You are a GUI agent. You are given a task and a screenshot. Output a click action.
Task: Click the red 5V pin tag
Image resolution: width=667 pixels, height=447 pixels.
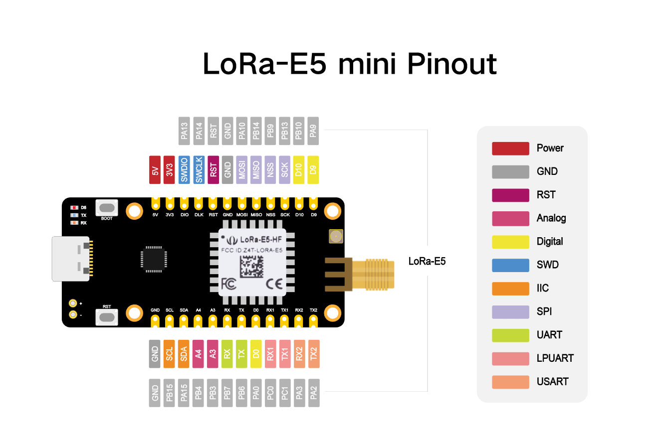pyautogui.click(x=155, y=170)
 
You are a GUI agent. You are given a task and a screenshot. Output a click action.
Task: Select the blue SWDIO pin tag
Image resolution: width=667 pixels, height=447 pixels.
pyautogui.click(x=184, y=170)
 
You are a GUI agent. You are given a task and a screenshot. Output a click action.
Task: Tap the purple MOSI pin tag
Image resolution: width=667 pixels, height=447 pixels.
pyautogui.click(x=242, y=170)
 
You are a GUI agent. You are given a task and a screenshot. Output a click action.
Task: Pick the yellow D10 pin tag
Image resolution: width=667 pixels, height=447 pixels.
pyautogui.click(x=299, y=170)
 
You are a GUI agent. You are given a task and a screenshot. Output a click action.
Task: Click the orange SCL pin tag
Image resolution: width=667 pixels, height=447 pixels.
pyautogui.click(x=170, y=354)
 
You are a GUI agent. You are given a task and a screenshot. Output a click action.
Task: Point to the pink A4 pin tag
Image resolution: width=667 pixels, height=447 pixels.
pyautogui.click(x=198, y=354)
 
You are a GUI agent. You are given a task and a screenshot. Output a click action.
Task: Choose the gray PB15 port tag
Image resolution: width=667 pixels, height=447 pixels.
pyautogui.click(x=170, y=393)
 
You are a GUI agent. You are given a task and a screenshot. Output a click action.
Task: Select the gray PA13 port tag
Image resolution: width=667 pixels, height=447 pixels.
pyautogui.click(x=184, y=131)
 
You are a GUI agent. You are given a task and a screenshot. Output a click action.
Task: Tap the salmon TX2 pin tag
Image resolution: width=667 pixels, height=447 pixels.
pyautogui.click(x=314, y=354)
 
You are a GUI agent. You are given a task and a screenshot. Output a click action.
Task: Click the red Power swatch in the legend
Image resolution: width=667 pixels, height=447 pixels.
pyautogui.click(x=510, y=149)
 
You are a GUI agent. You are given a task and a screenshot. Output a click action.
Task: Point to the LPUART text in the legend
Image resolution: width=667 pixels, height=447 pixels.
pyautogui.click(x=555, y=358)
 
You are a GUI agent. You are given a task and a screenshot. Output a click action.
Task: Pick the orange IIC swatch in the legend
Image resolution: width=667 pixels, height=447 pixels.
pyautogui.click(x=510, y=289)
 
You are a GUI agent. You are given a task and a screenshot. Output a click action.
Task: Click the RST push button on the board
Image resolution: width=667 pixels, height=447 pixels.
pyautogui.click(x=107, y=316)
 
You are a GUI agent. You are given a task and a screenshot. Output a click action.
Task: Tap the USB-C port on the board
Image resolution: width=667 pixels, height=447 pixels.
pyautogui.click(x=71, y=259)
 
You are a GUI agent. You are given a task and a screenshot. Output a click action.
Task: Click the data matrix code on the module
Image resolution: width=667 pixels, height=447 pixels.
pyautogui.click(x=252, y=267)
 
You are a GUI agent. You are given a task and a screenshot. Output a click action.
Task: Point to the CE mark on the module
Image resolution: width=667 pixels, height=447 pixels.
pyautogui.click(x=274, y=284)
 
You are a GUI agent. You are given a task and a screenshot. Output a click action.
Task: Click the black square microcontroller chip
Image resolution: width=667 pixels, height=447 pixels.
pyautogui.click(x=154, y=259)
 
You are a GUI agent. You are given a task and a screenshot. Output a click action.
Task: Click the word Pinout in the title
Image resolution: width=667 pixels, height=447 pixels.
pyautogui.click(x=452, y=64)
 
